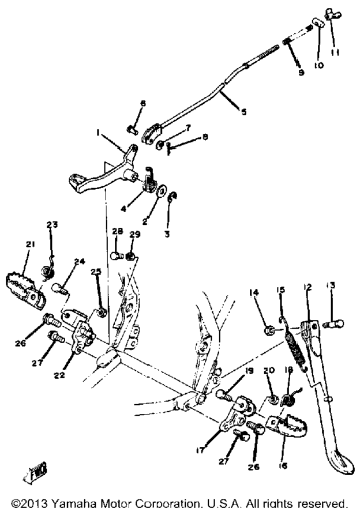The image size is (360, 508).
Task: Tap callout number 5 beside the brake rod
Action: tap(243, 112)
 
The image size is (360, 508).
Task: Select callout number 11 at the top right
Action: tap(335, 52)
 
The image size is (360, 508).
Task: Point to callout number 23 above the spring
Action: tap(52, 224)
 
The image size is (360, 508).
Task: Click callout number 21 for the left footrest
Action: tap(30, 244)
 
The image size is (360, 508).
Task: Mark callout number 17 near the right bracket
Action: tap(201, 450)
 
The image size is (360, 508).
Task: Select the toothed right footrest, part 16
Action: tap(287, 428)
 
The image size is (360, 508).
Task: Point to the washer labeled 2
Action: tap(162, 190)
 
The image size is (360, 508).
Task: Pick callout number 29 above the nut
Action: tap(135, 234)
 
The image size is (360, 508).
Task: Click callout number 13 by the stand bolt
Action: tap(331, 285)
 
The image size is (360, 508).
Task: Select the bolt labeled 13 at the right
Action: tap(333, 323)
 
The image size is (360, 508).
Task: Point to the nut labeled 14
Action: tap(269, 331)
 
